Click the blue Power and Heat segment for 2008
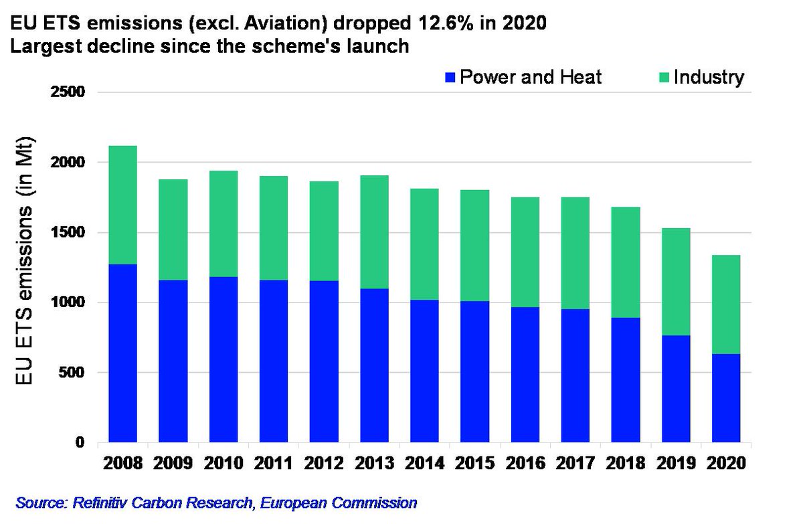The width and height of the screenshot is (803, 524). pyautogui.click(x=122, y=353)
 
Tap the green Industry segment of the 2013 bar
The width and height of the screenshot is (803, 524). pyautogui.click(x=374, y=232)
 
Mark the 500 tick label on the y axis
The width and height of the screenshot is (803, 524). pyautogui.click(x=73, y=373)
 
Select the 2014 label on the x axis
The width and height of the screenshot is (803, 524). pyautogui.click(x=424, y=464)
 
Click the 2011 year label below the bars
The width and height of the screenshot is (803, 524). pyautogui.click(x=273, y=464)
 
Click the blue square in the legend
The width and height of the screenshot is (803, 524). pyautogui.click(x=449, y=78)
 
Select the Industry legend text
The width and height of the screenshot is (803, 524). pyautogui.click(x=709, y=78)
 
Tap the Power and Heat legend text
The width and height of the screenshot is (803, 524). pyautogui.click(x=531, y=78)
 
